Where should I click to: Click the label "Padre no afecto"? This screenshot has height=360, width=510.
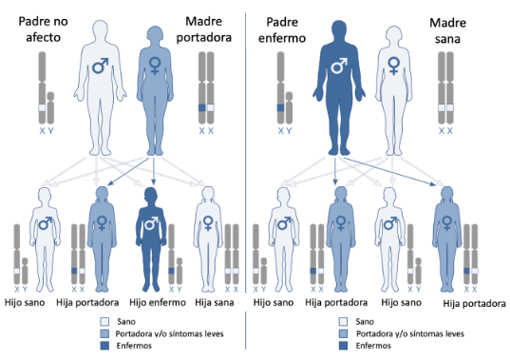[43, 29]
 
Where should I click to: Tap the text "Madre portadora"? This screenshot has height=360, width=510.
[203, 29]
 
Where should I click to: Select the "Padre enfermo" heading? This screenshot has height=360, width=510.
[282, 29]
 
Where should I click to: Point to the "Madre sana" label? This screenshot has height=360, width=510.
[447, 30]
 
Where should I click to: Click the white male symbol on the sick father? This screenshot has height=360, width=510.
[339, 66]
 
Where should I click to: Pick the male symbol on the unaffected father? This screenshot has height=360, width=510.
[100, 66]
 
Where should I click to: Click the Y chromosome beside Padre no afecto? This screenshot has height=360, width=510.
[50, 108]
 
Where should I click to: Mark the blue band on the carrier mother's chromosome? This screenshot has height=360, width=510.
[202, 108]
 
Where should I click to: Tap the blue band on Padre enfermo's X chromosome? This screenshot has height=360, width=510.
[281, 108]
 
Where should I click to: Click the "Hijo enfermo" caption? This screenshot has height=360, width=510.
[158, 302]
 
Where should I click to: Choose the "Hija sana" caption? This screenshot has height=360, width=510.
[215, 302]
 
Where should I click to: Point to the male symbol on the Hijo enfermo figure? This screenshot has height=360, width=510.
[151, 224]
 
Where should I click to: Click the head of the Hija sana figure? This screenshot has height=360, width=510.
[208, 195]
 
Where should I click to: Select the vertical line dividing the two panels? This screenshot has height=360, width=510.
[246, 180]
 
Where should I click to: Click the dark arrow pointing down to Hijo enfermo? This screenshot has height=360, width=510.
[154, 171]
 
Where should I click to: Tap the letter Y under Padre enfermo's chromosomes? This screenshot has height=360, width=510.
[289, 131]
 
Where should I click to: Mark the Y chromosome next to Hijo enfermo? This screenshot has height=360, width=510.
[179, 272]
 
